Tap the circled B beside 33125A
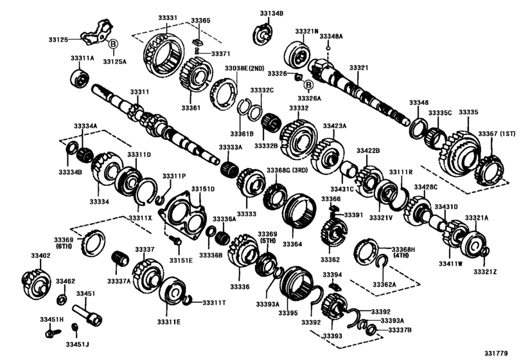112,44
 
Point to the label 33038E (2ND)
245,67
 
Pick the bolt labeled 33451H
49,334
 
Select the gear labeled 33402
35,282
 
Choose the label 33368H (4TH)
404,253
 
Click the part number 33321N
306,31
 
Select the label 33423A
334,126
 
